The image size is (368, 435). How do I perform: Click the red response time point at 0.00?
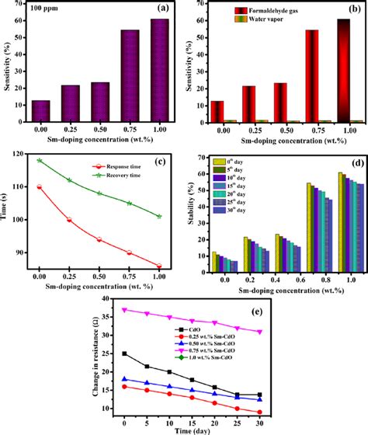click(39, 186)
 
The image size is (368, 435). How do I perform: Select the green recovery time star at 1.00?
click(158, 217)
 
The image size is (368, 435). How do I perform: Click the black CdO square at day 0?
click(125, 353)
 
